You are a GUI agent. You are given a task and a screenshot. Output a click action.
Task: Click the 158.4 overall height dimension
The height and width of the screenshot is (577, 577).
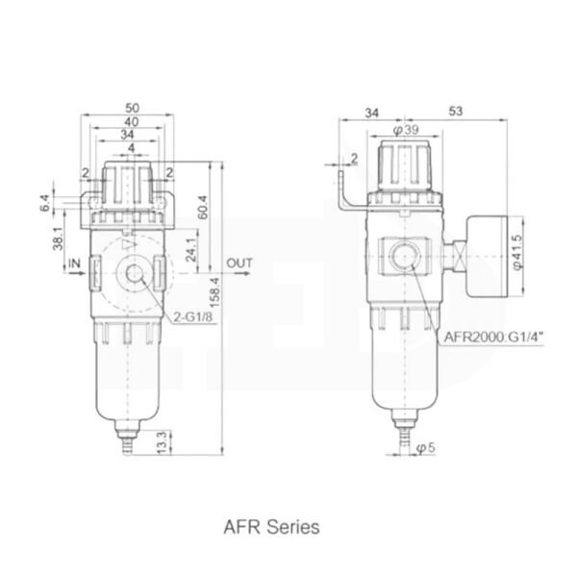click(x=216, y=293)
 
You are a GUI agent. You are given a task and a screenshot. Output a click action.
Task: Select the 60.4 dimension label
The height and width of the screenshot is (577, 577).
click(x=203, y=208)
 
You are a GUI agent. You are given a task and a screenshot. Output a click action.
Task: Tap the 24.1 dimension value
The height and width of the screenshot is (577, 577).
click(x=191, y=250)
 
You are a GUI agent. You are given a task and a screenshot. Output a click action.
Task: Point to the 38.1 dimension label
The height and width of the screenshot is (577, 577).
click(x=58, y=238)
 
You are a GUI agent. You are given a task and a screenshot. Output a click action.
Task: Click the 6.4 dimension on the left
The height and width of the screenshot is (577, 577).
click(x=45, y=203)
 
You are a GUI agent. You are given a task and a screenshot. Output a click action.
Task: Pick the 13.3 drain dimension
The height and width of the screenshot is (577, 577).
click(x=163, y=441)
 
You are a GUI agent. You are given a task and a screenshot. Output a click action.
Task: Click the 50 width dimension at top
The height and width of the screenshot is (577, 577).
click(x=132, y=108)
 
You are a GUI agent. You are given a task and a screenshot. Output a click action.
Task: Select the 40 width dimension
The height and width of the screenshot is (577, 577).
click(x=132, y=121)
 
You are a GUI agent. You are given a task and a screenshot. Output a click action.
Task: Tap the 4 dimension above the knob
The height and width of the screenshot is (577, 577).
click(x=132, y=148)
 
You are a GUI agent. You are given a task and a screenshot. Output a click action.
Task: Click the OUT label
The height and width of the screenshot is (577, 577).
click(x=239, y=263)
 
